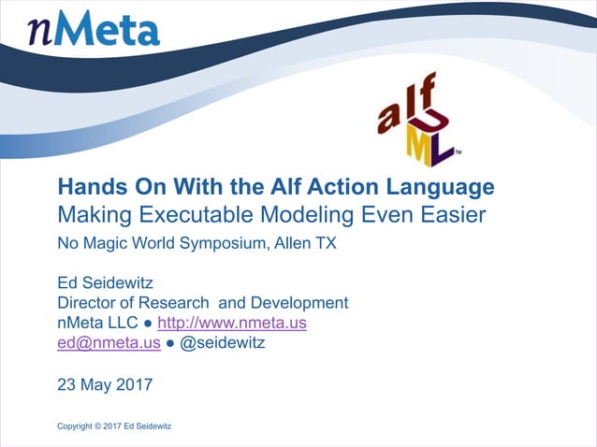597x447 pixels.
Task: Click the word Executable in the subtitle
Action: [188, 215]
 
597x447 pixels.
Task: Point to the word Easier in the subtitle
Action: [454, 215]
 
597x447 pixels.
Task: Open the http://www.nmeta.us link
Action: [232, 323]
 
